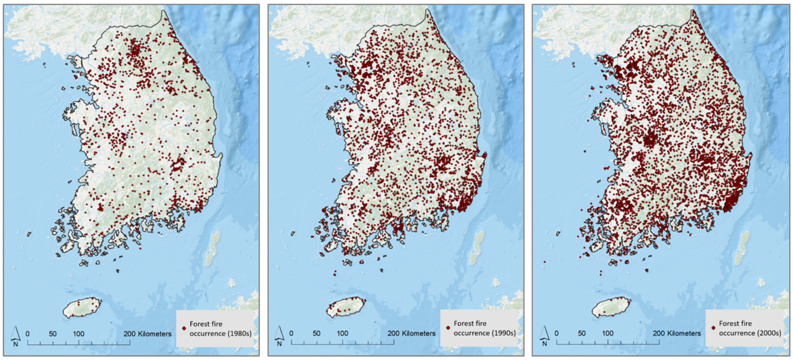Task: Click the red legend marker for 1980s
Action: [x=184, y=328]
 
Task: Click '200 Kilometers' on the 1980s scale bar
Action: [x=148, y=334]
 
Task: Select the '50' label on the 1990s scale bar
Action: [x=317, y=333]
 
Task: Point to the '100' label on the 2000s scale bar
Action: [x=608, y=333]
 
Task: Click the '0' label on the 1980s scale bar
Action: [x=28, y=334]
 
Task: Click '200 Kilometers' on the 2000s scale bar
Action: [x=677, y=333]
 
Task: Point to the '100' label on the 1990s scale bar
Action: [x=342, y=333]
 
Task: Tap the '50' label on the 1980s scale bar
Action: [x=53, y=334]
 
